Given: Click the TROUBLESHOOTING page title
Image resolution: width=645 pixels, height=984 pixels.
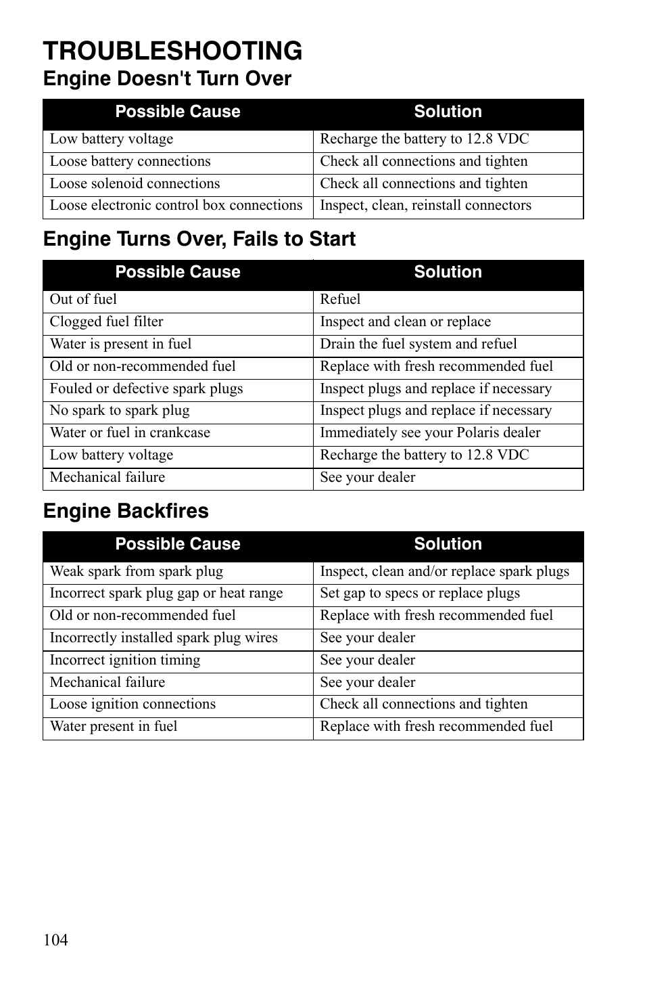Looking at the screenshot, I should [x=172, y=51].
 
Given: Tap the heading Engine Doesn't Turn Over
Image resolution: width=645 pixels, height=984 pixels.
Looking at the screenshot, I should [x=167, y=79].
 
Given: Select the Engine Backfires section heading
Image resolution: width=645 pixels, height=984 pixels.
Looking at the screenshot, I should [x=126, y=511].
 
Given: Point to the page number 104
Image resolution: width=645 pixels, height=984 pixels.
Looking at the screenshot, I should [x=55, y=940].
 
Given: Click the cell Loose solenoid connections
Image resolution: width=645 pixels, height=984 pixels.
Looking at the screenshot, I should [x=135, y=184].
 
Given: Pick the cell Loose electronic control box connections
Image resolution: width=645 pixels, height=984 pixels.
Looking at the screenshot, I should [x=176, y=206].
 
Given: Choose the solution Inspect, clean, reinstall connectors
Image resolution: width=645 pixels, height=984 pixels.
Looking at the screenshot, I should [x=425, y=206].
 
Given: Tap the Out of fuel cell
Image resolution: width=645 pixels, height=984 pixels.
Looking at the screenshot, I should [x=83, y=300].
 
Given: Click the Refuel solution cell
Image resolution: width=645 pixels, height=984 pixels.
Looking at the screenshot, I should [x=340, y=300].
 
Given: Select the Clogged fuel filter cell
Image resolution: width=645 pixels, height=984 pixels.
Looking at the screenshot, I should [x=106, y=322].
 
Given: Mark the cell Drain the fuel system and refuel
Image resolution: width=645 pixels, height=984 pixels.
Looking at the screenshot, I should [x=418, y=344].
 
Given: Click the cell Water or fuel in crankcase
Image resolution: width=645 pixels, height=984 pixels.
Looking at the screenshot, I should [x=130, y=433].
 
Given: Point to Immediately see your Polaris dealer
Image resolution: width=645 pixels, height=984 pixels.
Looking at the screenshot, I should [x=430, y=433].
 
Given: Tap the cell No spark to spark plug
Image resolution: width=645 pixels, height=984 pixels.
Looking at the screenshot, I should [x=120, y=411].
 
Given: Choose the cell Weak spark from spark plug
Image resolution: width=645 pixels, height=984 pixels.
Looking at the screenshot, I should [x=136, y=572].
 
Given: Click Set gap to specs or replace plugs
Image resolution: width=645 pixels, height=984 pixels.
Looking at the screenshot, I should [x=420, y=594].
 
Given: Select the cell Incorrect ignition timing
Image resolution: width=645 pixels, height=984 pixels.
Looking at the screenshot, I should [x=125, y=661].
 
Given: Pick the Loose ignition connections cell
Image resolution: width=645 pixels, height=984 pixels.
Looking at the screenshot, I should [x=133, y=705].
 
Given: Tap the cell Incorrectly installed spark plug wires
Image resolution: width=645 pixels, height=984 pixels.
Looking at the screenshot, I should [x=164, y=638].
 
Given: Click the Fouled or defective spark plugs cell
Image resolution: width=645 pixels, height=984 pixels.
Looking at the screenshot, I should [x=146, y=389].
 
